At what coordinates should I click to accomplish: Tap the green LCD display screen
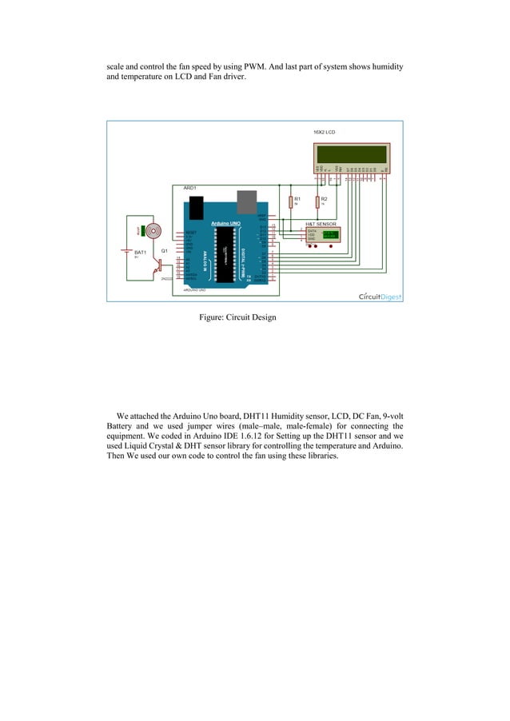pos(351,154)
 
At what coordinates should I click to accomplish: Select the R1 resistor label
pos(297,199)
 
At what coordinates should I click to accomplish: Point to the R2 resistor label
pos(324,199)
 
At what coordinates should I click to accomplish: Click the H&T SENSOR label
pos(322,225)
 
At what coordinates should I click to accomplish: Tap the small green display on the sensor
pos(329,234)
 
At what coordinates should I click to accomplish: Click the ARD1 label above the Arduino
pos(190,187)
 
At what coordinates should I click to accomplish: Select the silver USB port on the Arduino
pos(246,203)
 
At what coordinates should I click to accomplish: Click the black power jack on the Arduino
pos(192,208)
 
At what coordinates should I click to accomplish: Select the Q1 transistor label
pos(164,251)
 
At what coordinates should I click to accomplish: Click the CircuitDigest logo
pos(380,297)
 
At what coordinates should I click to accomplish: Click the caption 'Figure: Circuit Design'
pos(237,317)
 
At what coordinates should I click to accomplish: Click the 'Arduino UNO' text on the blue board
pos(226,222)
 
